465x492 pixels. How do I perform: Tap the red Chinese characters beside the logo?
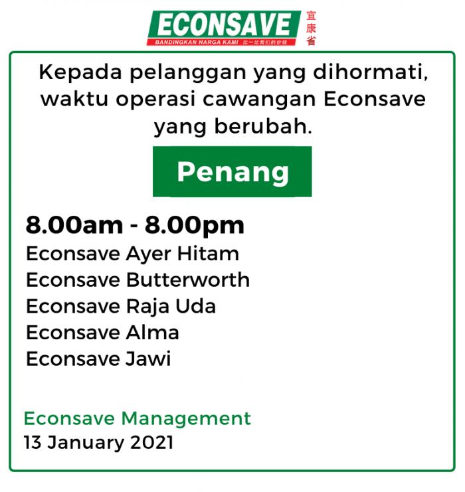point(311,29)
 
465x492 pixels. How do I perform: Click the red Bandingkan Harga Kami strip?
point(221,42)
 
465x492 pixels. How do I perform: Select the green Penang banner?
point(232,171)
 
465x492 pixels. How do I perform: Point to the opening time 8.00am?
point(74,225)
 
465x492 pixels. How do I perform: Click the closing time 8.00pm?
point(195,226)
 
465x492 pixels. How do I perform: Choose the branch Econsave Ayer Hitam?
point(132,254)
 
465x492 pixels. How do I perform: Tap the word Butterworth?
point(188,280)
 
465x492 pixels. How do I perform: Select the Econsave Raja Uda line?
point(121,307)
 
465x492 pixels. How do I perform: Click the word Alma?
point(152,333)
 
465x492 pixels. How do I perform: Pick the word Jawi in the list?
point(148,359)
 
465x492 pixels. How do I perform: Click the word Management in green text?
point(186,419)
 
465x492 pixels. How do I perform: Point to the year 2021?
point(151,443)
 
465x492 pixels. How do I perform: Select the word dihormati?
point(371,72)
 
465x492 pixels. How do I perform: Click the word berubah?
point(263,126)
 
